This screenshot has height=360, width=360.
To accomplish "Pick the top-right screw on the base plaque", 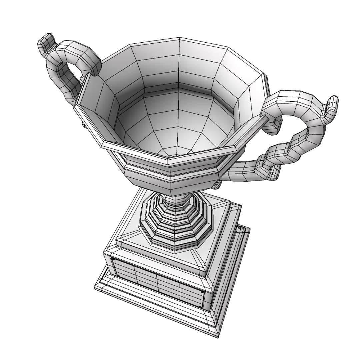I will (202, 292).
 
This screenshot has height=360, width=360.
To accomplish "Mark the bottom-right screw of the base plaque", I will (199, 307).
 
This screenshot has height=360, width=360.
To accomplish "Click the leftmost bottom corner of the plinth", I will (95, 287).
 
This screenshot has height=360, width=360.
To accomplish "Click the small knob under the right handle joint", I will (217, 184).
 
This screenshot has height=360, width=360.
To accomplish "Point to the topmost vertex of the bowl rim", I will (180, 38).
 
